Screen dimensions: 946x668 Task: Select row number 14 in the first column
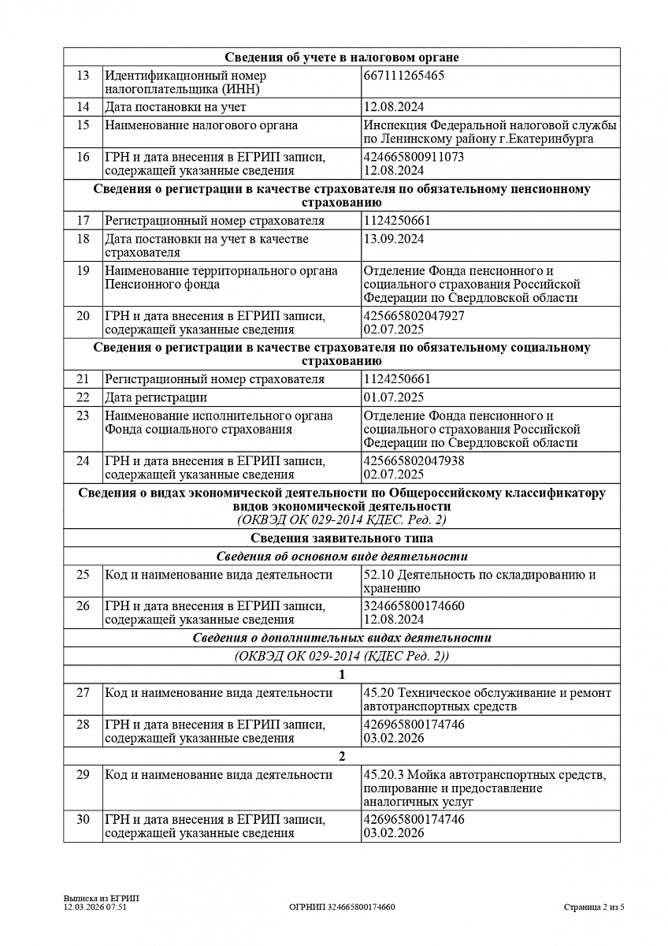point(83,107)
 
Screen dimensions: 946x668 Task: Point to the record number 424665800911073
point(414,157)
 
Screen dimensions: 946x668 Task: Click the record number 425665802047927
point(414,315)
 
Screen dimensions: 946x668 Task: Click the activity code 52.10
point(378,575)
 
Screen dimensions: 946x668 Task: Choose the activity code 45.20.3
point(383,775)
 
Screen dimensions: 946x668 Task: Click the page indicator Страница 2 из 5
point(594,907)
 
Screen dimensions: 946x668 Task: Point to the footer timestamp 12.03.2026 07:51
point(95,907)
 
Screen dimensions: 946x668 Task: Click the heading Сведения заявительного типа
point(341,538)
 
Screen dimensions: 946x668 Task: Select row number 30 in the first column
point(83,819)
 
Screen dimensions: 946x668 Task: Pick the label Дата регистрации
point(156,397)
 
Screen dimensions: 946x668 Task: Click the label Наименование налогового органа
point(190,125)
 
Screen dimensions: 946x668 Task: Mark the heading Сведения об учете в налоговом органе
point(341,57)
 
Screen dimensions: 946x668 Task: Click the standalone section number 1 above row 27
point(341,674)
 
